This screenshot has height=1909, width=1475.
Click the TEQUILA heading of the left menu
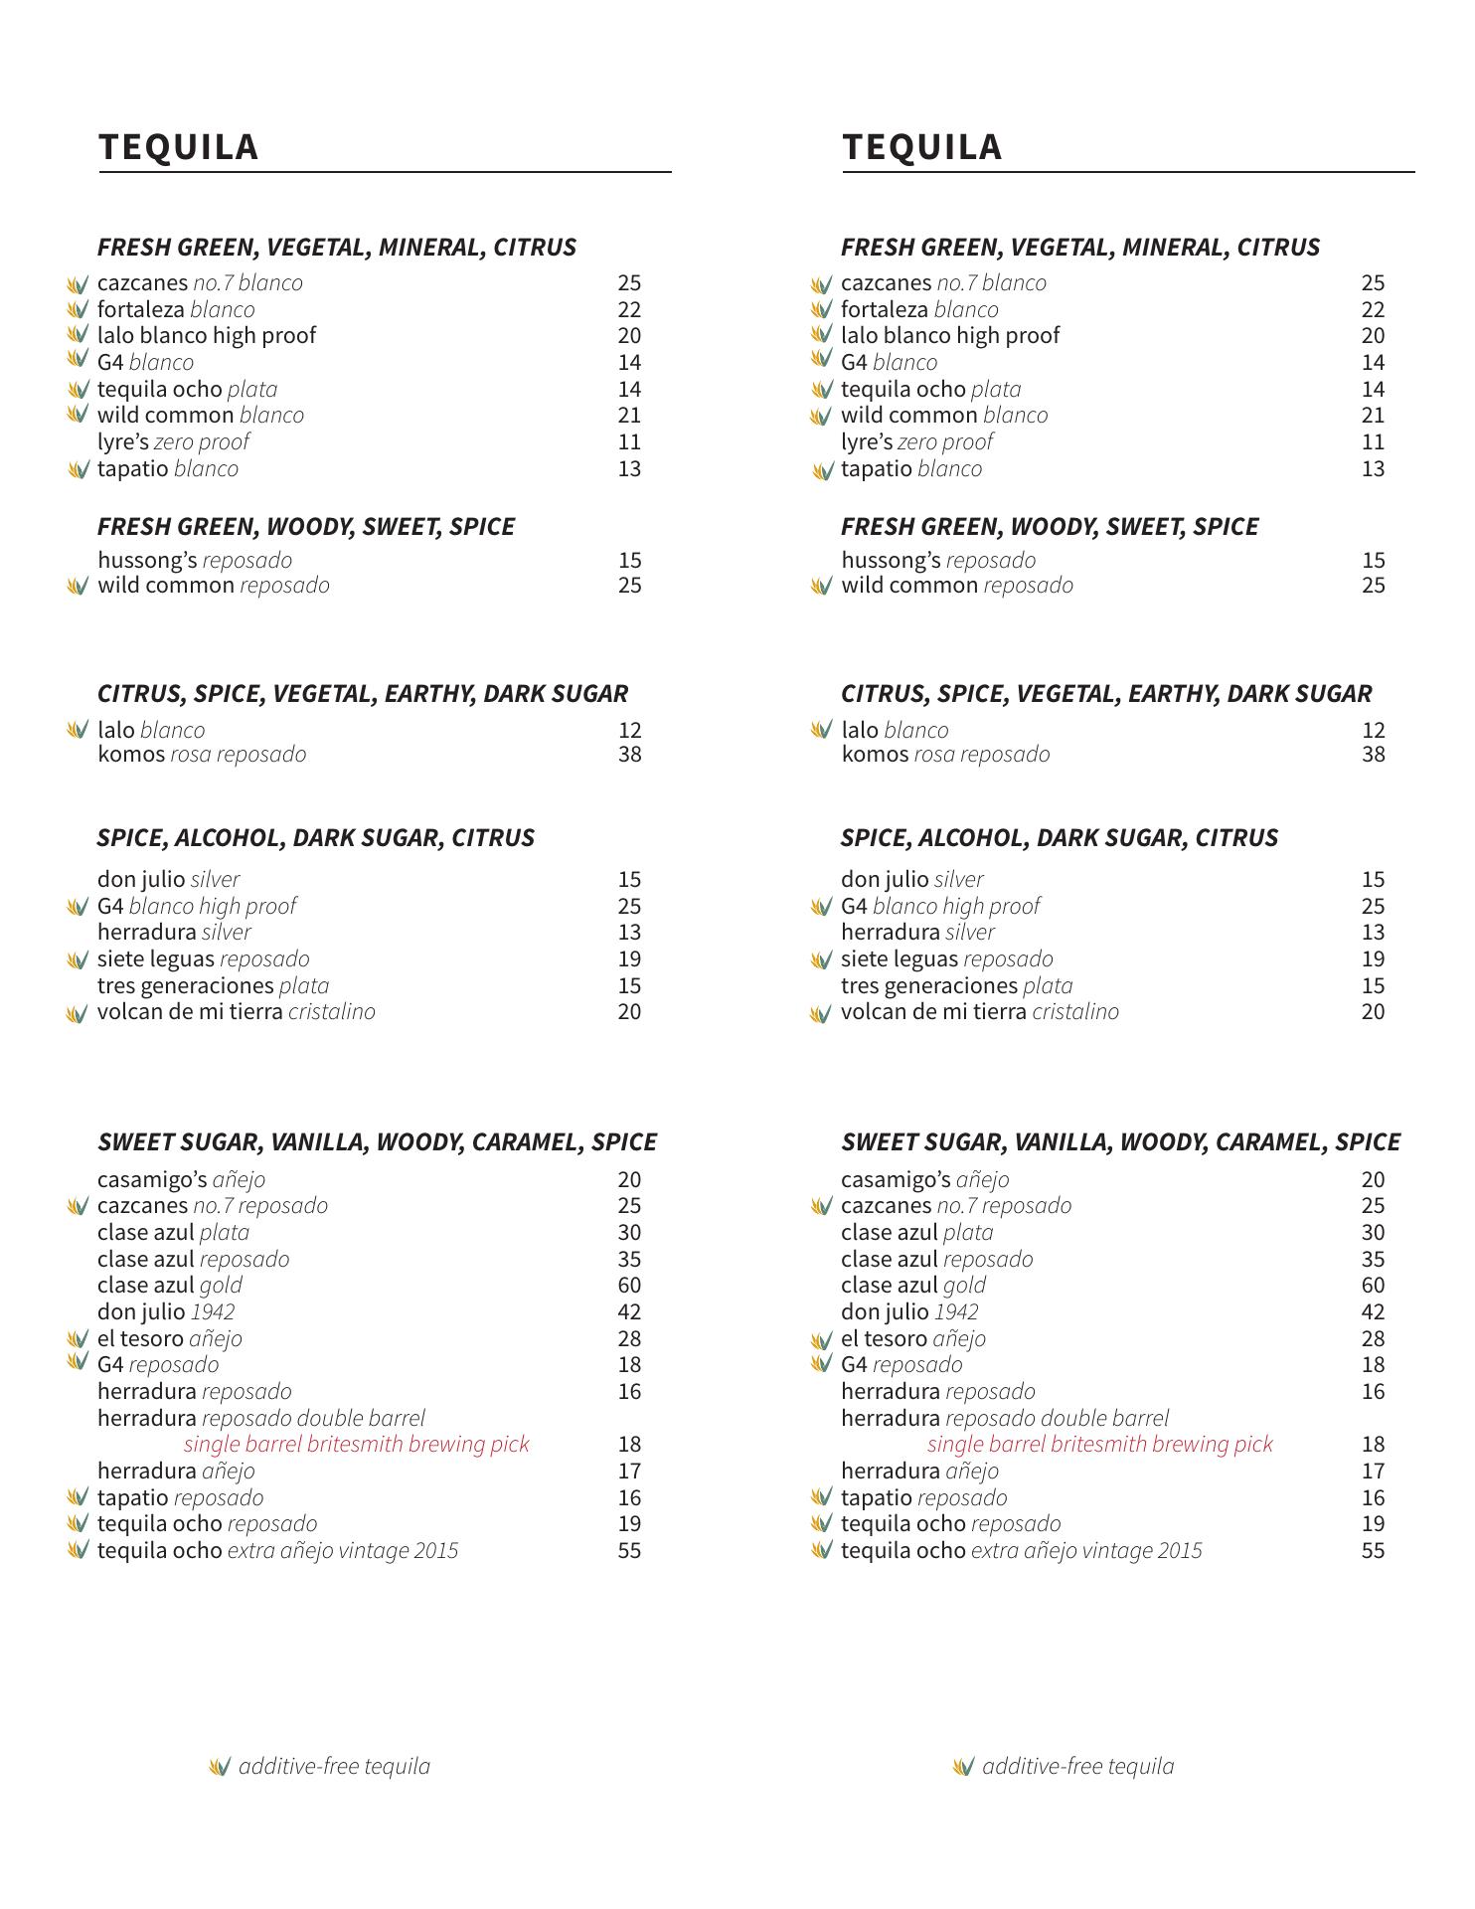[179, 147]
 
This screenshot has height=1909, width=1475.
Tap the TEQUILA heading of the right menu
[922, 147]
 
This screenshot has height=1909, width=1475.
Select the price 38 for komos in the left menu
[629, 755]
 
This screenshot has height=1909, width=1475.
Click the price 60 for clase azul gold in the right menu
[1373, 1286]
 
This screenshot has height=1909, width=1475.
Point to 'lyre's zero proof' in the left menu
[173, 442]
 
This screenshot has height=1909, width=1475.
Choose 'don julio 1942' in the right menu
[909, 1312]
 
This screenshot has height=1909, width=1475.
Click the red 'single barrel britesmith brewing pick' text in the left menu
[356, 1445]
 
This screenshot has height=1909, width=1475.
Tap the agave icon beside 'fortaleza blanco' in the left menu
[78, 310]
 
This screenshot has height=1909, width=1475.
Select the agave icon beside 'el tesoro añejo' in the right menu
[821, 1340]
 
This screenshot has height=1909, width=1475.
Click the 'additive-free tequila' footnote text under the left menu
[334, 1767]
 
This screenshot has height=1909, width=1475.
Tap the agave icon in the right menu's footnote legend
[962, 1767]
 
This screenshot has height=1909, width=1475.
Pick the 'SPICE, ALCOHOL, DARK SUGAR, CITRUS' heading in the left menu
[316, 838]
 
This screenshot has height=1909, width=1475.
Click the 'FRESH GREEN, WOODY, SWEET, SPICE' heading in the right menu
[1050, 527]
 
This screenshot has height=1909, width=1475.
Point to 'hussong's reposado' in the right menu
[938, 561]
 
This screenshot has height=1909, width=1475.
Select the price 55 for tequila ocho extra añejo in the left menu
[629, 1551]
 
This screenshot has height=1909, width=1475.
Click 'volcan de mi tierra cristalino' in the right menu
[979, 1012]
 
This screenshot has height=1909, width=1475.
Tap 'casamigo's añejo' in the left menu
[181, 1180]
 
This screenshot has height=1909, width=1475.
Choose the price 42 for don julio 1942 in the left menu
[629, 1312]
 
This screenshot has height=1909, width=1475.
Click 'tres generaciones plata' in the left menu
[213, 986]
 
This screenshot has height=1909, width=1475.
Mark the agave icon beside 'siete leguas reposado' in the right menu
[821, 960]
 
